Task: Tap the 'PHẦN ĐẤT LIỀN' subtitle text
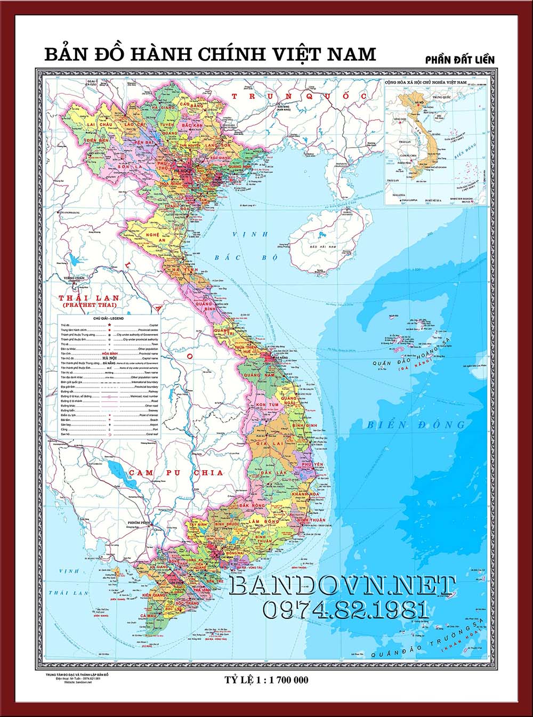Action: click(x=459, y=60)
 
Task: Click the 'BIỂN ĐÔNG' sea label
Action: click(x=416, y=425)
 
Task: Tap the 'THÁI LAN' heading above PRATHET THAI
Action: click(x=90, y=297)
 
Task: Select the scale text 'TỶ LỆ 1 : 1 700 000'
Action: click(x=267, y=680)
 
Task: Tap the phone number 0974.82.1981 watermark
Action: click(x=346, y=609)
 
